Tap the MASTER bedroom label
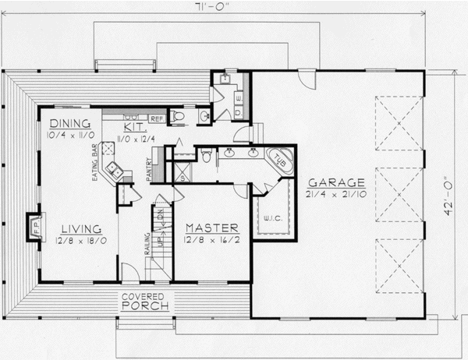[x=210, y=227]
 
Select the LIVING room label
[x=81, y=228]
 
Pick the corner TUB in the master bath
[x=279, y=159]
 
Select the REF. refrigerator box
[x=155, y=118]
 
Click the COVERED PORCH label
[x=141, y=301]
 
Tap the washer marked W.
[x=239, y=98]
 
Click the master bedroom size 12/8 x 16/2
[x=210, y=240]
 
